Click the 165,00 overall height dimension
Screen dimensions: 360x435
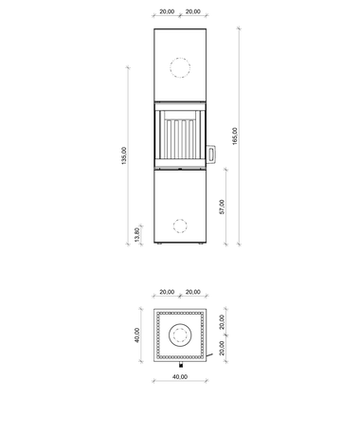click(x=235, y=136)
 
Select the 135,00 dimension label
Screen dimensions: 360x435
click(x=123, y=155)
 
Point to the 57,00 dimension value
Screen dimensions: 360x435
click(x=222, y=207)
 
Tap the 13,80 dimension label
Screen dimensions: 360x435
click(x=137, y=234)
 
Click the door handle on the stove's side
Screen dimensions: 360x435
click(x=211, y=154)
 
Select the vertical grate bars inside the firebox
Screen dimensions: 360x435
click(x=180, y=139)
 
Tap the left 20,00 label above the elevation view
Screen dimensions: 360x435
click(x=167, y=11)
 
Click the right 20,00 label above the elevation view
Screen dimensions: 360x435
click(x=192, y=11)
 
